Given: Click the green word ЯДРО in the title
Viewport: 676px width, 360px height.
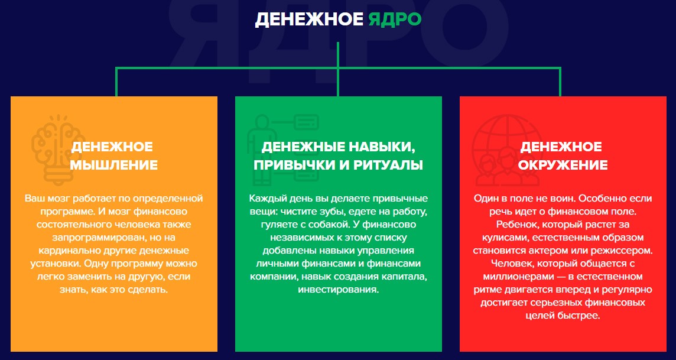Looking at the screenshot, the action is pos(395,20).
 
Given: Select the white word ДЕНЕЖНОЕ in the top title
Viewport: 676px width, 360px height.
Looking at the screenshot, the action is pos(309,20).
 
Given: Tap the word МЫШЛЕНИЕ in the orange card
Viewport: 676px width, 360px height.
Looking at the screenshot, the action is pos(114,165).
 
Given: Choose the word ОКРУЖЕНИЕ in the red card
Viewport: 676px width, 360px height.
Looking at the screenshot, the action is pos(563,165).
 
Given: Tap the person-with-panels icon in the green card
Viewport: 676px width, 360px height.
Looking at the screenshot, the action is pos(282,147).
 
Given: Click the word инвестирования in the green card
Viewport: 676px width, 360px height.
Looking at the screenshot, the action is pos(339,289).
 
